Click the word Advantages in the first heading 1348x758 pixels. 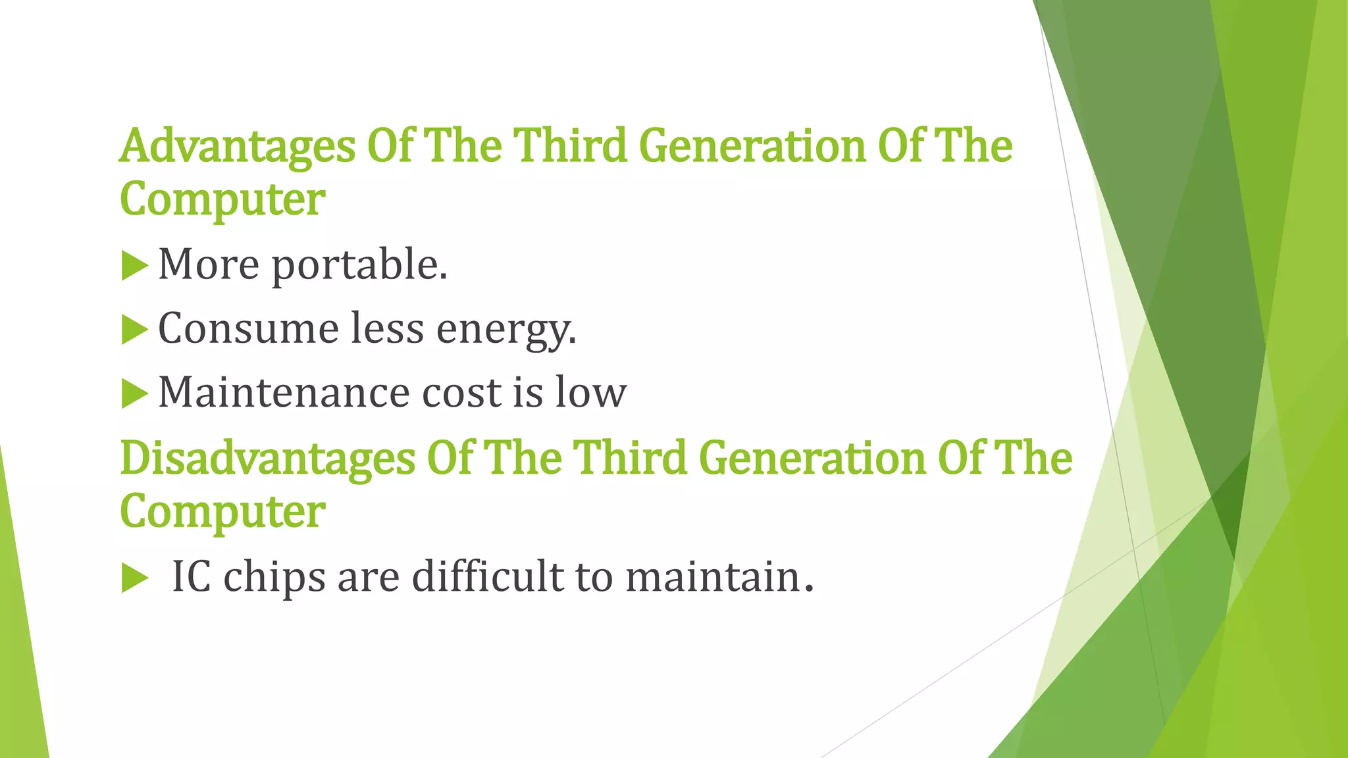click(x=237, y=146)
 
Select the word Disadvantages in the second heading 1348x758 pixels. click(x=267, y=459)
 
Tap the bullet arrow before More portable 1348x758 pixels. click(x=134, y=266)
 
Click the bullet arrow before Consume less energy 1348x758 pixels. click(x=134, y=330)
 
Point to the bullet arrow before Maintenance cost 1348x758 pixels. click(x=134, y=394)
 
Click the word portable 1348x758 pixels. click(x=359, y=265)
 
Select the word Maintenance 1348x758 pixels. click(x=284, y=393)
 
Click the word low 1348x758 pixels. click(x=590, y=393)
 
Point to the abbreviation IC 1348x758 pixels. click(x=191, y=577)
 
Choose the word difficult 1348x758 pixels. click(x=487, y=577)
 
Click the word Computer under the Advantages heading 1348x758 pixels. click(x=222, y=200)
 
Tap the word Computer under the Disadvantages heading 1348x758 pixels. click(x=222, y=513)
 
